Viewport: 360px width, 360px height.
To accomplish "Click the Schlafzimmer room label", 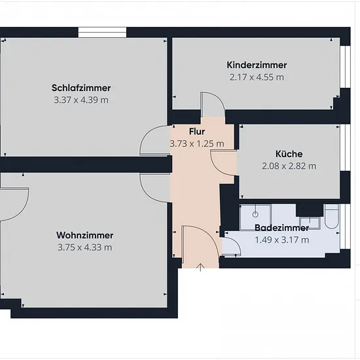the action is click(x=81, y=88).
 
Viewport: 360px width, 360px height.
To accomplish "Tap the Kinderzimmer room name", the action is click(x=257, y=65).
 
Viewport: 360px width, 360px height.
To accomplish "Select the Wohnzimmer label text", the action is click(x=84, y=236).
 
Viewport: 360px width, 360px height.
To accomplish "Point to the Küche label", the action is click(x=289, y=154).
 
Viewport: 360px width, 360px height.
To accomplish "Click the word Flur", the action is click(x=197, y=132).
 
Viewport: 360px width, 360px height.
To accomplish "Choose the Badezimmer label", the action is click(x=281, y=228).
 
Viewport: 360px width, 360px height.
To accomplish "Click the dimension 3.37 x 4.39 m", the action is click(x=81, y=100).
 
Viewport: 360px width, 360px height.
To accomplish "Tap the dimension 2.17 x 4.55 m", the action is click(x=257, y=77).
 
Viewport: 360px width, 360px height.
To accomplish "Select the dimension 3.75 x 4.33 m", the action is click(x=84, y=247).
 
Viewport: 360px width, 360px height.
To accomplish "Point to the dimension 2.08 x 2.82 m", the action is click(x=289, y=166).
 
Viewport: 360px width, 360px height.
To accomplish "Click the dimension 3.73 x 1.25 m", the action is click(x=197, y=144).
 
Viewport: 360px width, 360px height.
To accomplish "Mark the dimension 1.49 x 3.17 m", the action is click(x=281, y=240).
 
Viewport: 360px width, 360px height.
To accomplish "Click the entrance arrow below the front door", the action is click(x=201, y=267).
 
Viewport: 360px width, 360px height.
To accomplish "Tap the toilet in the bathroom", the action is click(x=332, y=217).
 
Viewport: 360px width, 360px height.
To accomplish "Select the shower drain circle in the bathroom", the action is click(x=255, y=215).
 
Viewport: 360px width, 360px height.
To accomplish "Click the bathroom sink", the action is click(x=310, y=223).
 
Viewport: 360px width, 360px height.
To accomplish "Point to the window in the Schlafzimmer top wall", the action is click(x=102, y=32).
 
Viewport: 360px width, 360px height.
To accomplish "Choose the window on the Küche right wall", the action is click(x=345, y=148).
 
